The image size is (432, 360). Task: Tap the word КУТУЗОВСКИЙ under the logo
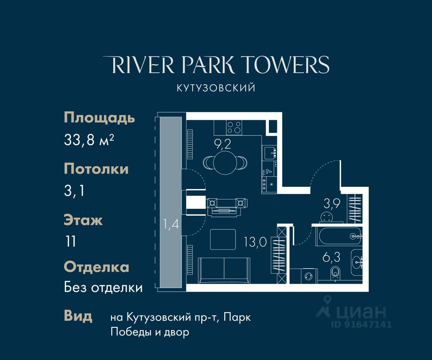[x=216, y=88]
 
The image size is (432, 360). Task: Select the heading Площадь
[x=99, y=118]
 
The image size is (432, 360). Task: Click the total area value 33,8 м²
[x=89, y=140]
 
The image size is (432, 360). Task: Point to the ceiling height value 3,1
[x=74, y=190]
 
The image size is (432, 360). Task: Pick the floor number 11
[x=71, y=241]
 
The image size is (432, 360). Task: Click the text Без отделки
[x=103, y=287]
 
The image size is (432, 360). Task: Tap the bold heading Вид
[x=78, y=316]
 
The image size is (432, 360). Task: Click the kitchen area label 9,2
[x=222, y=144]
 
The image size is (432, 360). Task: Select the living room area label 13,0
[x=256, y=242]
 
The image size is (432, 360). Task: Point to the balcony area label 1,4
[x=171, y=224]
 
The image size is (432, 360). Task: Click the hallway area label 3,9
[x=332, y=204]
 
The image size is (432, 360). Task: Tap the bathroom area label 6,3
[x=331, y=257]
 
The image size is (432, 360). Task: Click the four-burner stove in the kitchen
[x=234, y=127]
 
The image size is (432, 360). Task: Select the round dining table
[x=225, y=163]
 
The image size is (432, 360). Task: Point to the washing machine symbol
[x=309, y=276]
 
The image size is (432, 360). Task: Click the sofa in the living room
[x=224, y=271]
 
